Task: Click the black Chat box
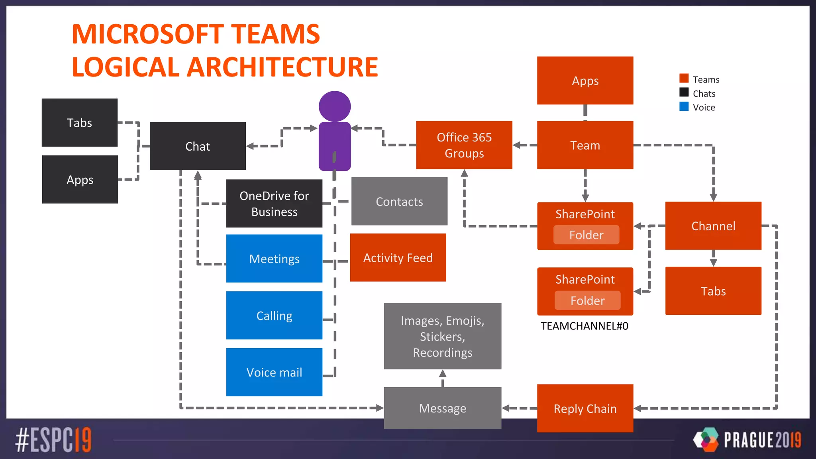(x=198, y=146)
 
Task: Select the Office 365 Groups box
(x=464, y=145)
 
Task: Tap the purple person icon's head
(x=335, y=106)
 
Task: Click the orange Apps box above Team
(x=585, y=80)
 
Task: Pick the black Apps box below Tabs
(x=80, y=179)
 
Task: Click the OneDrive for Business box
(x=274, y=203)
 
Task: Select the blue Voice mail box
(x=274, y=372)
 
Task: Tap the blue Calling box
(x=274, y=315)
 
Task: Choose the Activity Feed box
(x=398, y=257)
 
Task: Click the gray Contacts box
(x=399, y=201)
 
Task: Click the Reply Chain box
(x=585, y=408)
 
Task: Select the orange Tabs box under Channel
(x=713, y=291)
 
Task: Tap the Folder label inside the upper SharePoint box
(x=586, y=235)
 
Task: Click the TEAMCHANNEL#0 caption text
(x=584, y=326)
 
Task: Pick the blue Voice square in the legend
(x=684, y=106)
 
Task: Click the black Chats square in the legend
(x=684, y=92)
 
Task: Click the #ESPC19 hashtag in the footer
(x=53, y=440)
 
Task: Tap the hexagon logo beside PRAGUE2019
(x=706, y=439)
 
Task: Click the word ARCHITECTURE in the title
(x=282, y=67)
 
